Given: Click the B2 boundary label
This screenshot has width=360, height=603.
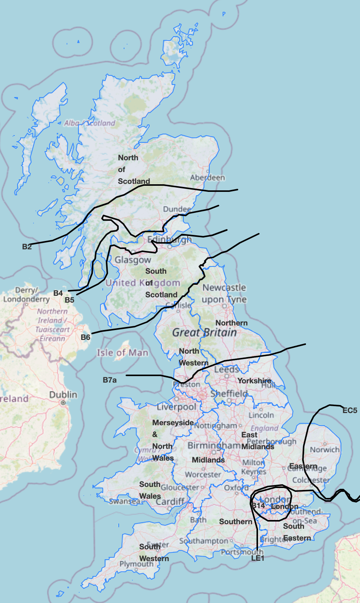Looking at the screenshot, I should pyautogui.click(x=27, y=247).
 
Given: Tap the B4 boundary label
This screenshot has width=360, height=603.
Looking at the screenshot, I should pyautogui.click(x=58, y=293).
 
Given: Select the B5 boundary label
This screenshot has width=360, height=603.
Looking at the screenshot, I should pyautogui.click(x=69, y=300).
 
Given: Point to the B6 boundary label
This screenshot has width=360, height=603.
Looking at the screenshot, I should pyautogui.click(x=85, y=337).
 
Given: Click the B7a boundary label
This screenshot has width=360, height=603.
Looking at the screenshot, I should pyautogui.click(x=110, y=380).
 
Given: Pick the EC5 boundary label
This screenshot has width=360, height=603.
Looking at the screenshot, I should pyautogui.click(x=350, y=410).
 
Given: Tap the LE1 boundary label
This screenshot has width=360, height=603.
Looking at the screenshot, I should pyautogui.click(x=258, y=558).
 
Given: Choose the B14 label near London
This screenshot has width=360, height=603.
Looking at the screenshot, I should pyautogui.click(x=258, y=506).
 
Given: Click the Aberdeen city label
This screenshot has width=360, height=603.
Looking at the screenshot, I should pyautogui.click(x=207, y=178).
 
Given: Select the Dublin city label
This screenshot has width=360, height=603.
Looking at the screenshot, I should pyautogui.click(x=63, y=395).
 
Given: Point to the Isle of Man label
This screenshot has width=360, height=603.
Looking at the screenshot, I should pyautogui.click(x=122, y=353).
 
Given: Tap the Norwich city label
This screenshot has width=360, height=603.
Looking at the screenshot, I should pyautogui.click(x=324, y=450).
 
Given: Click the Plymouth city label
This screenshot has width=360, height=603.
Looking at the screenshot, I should pyautogui.click(x=136, y=564).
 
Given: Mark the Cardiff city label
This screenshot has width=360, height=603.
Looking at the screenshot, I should pyautogui.click(x=170, y=502).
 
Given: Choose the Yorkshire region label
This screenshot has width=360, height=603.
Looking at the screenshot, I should pyautogui.click(x=254, y=381).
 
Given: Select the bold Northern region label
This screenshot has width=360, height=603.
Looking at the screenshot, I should pyautogui.click(x=231, y=323).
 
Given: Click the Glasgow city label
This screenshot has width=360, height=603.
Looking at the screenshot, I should pyautogui.click(x=133, y=260).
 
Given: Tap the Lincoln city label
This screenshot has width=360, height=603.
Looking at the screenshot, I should pyautogui.click(x=261, y=415).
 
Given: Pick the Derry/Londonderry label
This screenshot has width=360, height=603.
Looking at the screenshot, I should pyautogui.click(x=26, y=295).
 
